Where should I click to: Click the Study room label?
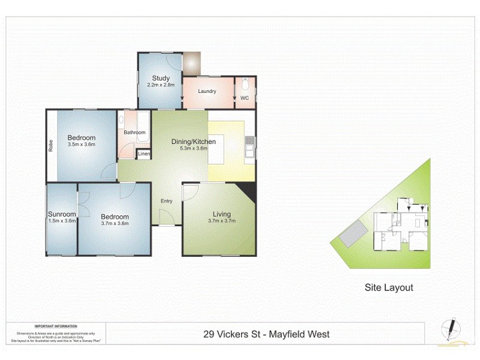(x=161, y=78)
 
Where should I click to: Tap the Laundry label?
(x=207, y=92)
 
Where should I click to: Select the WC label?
(x=245, y=98)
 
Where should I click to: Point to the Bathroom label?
(x=134, y=133)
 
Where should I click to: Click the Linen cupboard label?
(x=144, y=155)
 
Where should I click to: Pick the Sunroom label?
(x=62, y=214)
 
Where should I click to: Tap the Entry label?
(x=166, y=201)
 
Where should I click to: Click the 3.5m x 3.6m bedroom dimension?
(x=82, y=145)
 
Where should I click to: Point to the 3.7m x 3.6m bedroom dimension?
(x=115, y=224)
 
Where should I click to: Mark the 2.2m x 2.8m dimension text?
(x=161, y=85)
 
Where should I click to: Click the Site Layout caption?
(x=389, y=287)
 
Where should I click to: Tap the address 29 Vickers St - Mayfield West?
(x=265, y=334)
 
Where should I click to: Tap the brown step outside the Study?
(x=192, y=62)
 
